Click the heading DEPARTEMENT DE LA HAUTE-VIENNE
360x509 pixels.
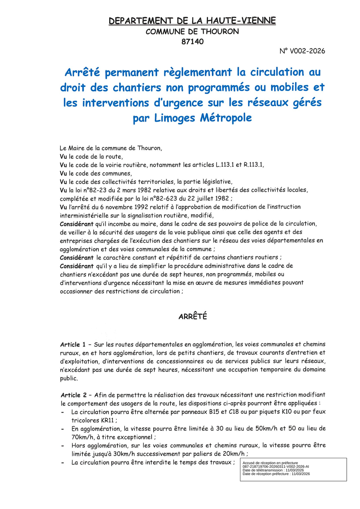(x=192, y=21)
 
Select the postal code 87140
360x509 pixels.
(x=192, y=41)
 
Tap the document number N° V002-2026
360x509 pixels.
(x=302, y=51)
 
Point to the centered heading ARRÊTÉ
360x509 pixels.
(x=192, y=317)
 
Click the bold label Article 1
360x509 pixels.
(x=73, y=344)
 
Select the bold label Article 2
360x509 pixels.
(x=73, y=395)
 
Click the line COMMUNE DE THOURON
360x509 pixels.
(x=192, y=31)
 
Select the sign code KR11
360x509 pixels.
(x=107, y=420)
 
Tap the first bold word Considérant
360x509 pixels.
(x=76, y=224)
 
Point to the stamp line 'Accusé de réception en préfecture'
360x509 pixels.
(x=270, y=463)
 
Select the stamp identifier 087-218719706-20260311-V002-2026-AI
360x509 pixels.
(x=276, y=467)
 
